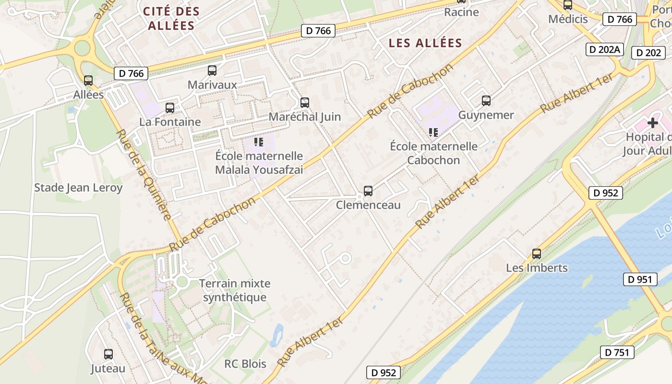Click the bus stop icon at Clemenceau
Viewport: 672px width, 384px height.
pos(368,191)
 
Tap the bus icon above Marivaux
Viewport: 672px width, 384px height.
pos(212,71)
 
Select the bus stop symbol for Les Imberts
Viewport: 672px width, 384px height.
pos(537,254)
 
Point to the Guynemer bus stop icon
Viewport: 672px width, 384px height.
pos(486,101)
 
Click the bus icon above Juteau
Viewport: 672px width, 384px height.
pos(108,354)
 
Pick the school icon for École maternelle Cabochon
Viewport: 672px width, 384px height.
pos(433,132)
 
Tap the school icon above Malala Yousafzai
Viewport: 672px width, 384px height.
pos(259,142)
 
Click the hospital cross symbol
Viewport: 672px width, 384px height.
pos(653,122)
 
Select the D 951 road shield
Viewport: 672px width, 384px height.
pos(640,279)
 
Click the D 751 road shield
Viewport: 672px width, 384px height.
pos(617,352)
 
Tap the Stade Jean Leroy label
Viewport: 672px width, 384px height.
pos(78,188)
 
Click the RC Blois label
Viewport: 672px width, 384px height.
pos(245,364)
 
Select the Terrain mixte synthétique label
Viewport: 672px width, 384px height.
pos(235,290)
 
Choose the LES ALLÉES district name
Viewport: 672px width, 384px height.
pos(425,43)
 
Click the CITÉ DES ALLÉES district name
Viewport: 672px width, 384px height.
pos(171,18)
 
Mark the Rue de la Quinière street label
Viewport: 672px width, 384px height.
pos(144,175)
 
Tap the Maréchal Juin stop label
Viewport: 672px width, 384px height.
pos(305,117)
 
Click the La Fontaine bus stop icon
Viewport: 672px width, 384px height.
pos(170,108)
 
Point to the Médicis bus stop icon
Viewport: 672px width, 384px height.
pos(568,5)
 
